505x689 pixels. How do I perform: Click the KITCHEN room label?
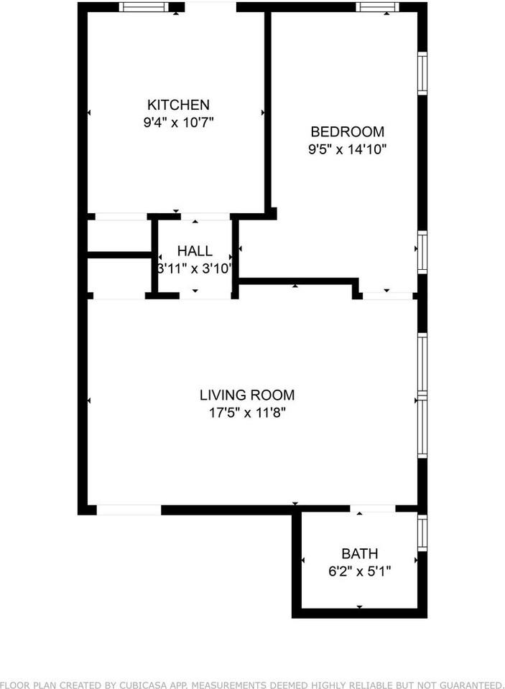tap(178, 105)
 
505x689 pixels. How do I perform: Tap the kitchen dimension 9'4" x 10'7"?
tap(178, 122)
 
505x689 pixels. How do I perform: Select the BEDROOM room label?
tap(347, 132)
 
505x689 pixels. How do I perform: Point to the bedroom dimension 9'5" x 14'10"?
tap(347, 149)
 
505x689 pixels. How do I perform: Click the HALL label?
tap(195, 251)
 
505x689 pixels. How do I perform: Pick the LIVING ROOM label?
tap(246, 395)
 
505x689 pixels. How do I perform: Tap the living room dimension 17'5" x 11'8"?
tap(246, 413)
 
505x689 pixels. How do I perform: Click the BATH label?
tap(359, 553)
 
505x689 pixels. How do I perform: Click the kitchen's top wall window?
tap(144, 7)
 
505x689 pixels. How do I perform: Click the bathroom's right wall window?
tap(422, 533)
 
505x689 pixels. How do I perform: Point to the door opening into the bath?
tap(372, 509)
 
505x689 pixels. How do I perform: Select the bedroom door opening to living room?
tap(387, 296)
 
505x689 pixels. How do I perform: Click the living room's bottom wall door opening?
tap(129, 510)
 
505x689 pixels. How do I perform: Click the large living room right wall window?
tap(422, 395)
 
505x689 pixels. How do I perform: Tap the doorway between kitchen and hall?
tap(205, 217)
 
